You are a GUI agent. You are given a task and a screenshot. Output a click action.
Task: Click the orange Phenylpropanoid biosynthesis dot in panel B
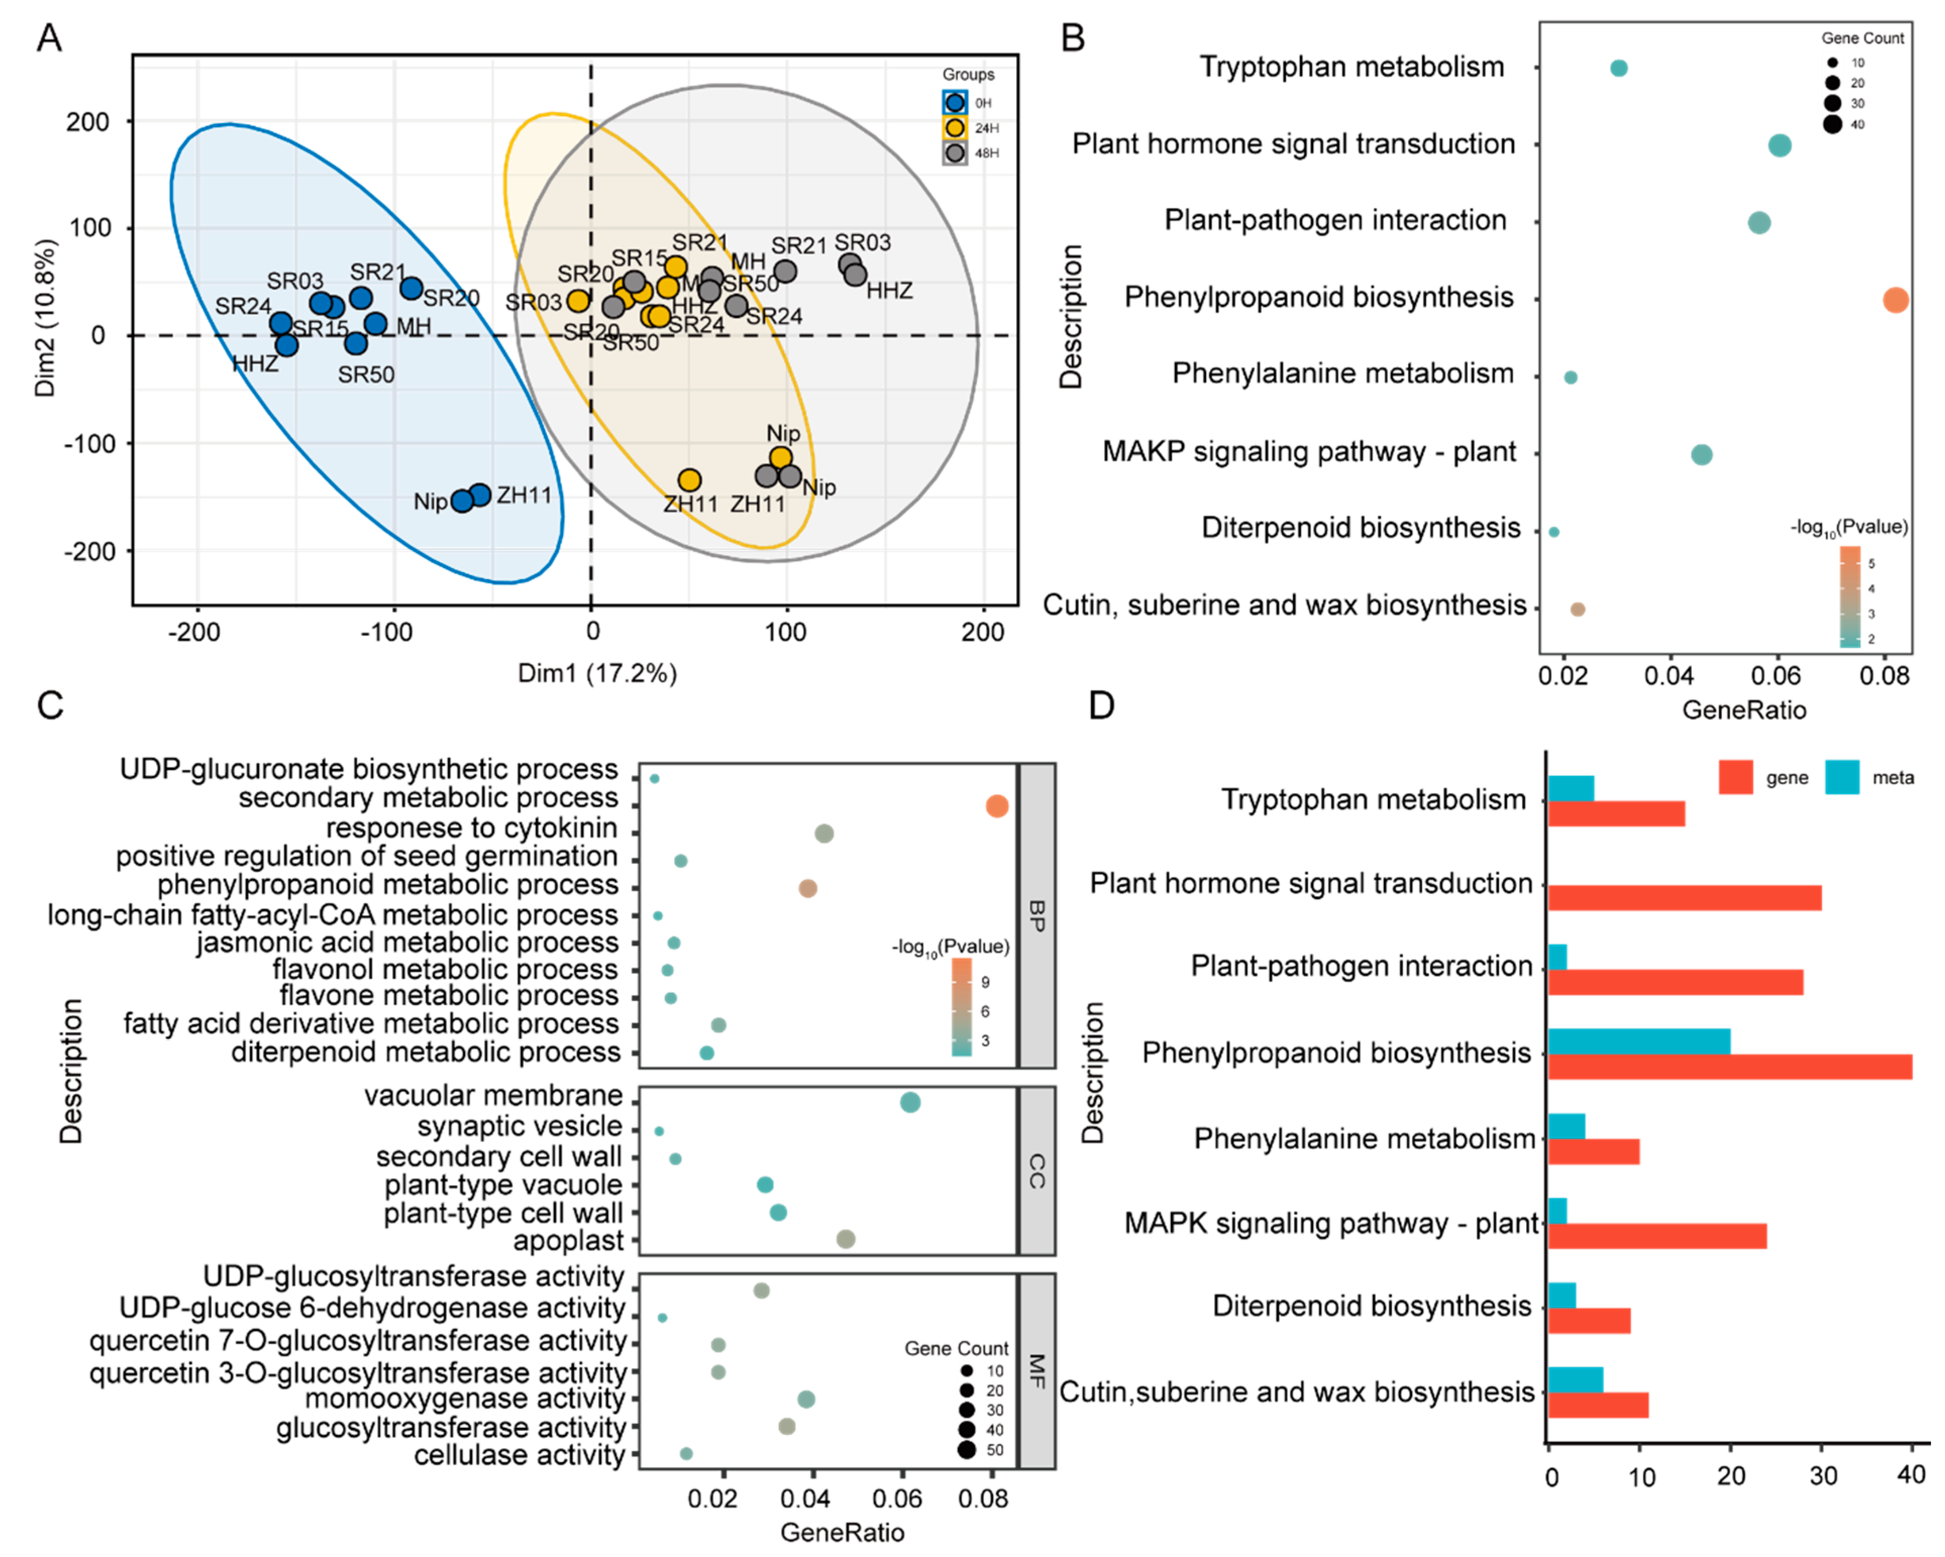click(x=1896, y=300)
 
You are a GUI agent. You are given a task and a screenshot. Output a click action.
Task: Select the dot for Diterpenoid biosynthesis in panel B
click(x=1553, y=532)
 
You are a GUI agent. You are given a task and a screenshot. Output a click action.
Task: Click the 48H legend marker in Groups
click(x=954, y=153)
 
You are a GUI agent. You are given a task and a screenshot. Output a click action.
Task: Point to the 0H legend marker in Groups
click(x=954, y=103)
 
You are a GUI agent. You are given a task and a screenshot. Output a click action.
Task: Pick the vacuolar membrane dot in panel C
click(x=910, y=1102)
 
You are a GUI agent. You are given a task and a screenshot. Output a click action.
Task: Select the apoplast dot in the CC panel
click(x=845, y=1240)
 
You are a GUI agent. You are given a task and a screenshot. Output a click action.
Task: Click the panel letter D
click(x=1102, y=704)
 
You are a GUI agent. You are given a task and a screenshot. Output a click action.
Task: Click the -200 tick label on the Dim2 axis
click(x=87, y=551)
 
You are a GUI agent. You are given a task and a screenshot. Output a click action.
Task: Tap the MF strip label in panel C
click(x=1038, y=1371)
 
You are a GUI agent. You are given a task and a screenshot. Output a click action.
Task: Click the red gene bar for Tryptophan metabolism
click(x=1616, y=814)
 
